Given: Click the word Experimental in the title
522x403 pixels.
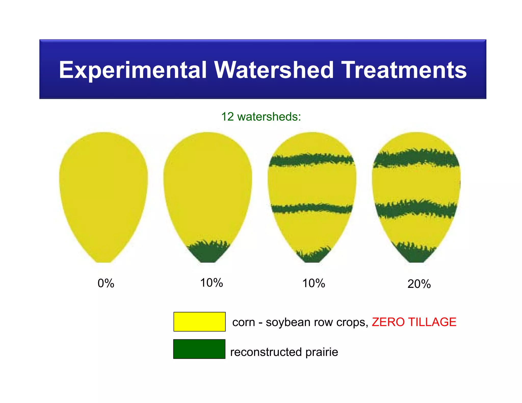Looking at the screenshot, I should (133, 70).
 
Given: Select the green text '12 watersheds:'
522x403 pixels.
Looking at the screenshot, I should (261, 117).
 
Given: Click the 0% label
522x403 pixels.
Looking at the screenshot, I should (106, 283).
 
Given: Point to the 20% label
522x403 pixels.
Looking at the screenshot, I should (419, 284).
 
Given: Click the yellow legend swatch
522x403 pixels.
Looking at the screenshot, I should (199, 321).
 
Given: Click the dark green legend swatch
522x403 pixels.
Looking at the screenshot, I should (199, 349).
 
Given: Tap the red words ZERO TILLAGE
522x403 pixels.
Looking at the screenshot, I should (414, 322).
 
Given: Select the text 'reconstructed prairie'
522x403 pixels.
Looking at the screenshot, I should (284, 352).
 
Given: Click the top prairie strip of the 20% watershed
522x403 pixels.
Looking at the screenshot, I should (416, 158).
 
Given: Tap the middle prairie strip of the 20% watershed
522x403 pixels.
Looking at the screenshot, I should (416, 208).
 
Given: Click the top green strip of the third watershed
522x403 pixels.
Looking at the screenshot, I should (312, 159).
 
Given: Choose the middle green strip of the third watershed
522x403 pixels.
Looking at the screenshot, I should (312, 208).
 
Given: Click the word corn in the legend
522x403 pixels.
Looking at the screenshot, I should (243, 323).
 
